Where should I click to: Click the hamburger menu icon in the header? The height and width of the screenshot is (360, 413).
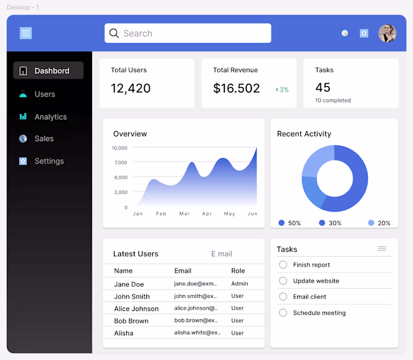(25, 33)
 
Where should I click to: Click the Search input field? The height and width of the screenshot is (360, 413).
(188, 33)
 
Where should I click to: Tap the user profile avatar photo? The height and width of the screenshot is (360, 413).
(387, 34)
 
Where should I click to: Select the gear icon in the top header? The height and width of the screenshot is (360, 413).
(364, 34)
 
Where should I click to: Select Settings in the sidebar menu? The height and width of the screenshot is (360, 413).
(48, 161)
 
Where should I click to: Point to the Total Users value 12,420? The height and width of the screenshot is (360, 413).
(130, 89)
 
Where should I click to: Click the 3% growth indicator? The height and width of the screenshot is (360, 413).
(283, 90)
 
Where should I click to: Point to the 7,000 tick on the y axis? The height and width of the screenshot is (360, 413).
(120, 162)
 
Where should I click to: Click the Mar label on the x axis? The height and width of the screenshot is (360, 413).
(185, 214)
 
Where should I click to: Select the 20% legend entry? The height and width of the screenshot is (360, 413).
(379, 223)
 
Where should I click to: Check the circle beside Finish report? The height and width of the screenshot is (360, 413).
(283, 265)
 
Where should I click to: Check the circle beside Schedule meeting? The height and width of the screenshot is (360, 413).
(283, 313)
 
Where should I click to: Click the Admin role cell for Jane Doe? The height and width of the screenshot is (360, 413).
(240, 284)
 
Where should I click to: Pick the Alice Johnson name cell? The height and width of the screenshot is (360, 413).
(136, 309)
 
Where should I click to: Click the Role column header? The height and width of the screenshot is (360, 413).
(238, 271)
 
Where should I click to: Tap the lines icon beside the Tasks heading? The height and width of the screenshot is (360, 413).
(382, 249)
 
